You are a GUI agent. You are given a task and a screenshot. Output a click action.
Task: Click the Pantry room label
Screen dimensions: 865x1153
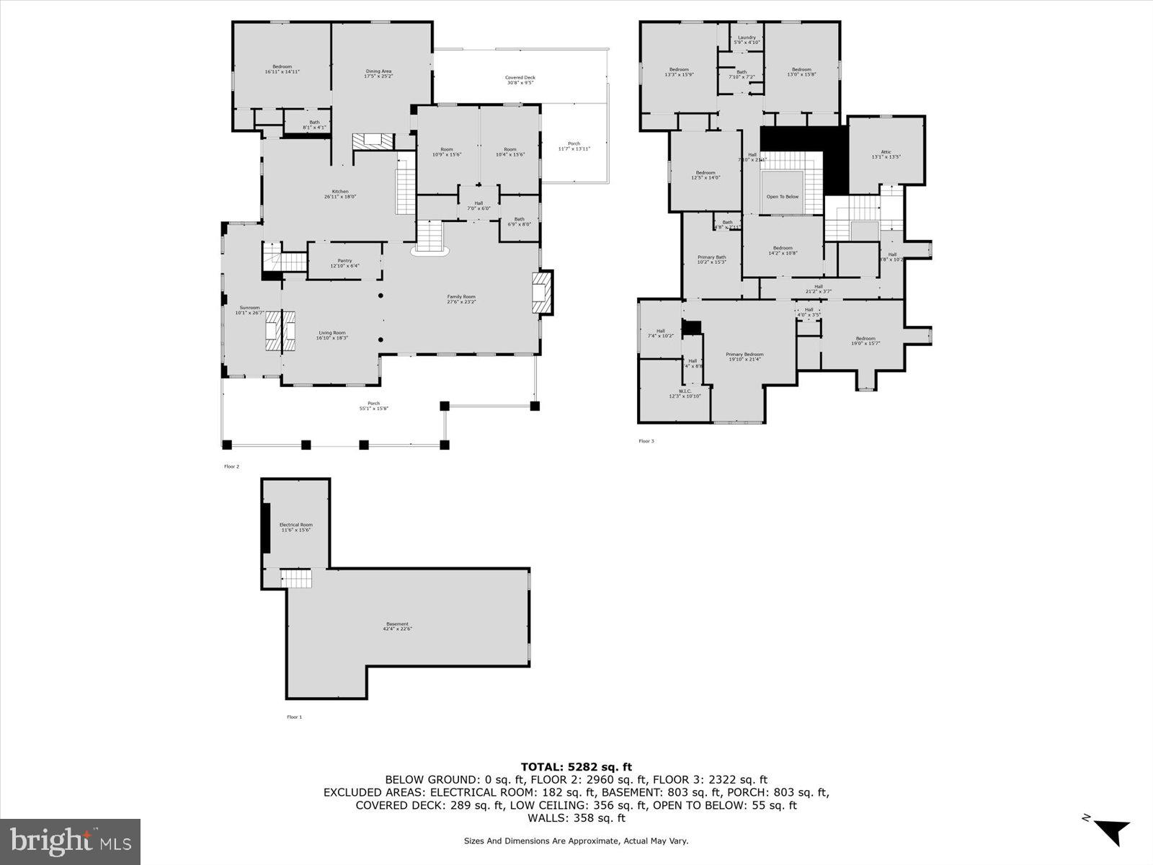tap(344, 262)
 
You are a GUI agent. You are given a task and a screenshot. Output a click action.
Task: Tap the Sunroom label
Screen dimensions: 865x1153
tap(247, 310)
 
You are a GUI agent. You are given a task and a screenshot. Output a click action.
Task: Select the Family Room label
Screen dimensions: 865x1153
tap(461, 299)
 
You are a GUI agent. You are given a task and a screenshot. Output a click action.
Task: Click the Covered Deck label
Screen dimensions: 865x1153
tap(520, 80)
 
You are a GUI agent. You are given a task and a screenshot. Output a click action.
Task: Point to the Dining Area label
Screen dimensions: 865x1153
tap(378, 74)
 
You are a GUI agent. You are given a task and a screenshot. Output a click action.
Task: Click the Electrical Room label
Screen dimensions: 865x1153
tap(295, 527)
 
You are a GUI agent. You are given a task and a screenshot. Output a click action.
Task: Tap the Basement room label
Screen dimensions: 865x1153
tap(397, 626)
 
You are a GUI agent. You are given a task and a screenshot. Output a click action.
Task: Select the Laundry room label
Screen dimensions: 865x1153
tap(747, 40)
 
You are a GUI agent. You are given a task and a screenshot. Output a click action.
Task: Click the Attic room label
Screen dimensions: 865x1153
tap(886, 154)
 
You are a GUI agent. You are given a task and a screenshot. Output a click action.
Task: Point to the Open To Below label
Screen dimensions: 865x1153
tap(782, 196)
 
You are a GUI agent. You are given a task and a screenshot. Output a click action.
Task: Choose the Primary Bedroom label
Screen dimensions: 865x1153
tap(744, 357)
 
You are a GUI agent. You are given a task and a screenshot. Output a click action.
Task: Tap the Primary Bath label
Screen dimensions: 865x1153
tap(711, 259)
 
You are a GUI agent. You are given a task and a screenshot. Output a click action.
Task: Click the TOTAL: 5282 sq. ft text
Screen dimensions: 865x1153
tap(576, 767)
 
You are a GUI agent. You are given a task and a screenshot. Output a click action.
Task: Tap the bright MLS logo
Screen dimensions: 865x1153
tap(70, 841)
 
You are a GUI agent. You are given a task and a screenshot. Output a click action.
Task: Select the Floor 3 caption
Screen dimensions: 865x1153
tap(646, 441)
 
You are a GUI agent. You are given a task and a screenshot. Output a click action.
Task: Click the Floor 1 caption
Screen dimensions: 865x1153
tap(294, 717)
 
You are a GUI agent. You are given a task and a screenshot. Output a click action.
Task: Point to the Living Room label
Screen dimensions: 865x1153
tap(333, 335)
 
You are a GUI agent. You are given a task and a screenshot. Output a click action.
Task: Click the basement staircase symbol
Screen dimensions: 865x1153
tap(295, 578)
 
